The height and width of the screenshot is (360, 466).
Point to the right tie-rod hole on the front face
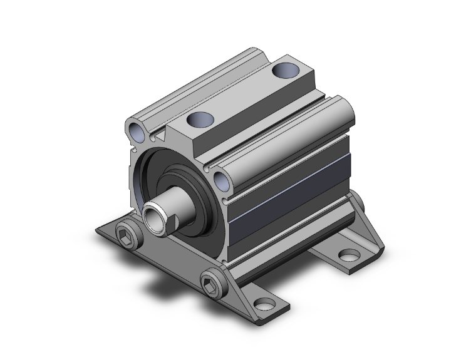click(221, 182)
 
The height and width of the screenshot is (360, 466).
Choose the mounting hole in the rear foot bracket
click(349, 255)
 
